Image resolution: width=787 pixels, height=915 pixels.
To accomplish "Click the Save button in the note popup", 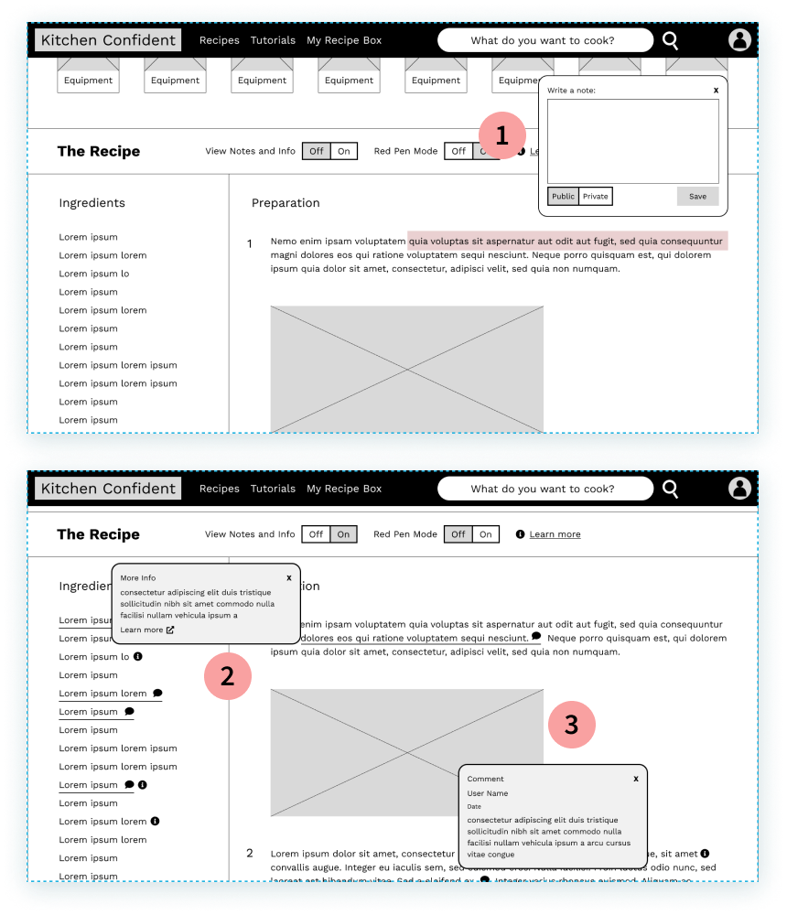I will pyautogui.click(x=697, y=196).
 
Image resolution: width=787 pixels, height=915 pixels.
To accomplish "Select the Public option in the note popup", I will pyautogui.click(x=563, y=196).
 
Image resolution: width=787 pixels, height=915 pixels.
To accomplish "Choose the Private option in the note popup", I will pyautogui.click(x=595, y=196).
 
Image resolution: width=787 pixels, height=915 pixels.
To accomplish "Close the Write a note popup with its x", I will pyautogui.click(x=716, y=90).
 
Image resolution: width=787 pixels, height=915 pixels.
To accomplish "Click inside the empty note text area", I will pyautogui.click(x=632, y=141).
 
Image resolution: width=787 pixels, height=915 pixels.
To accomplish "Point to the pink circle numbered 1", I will pyautogui.click(x=501, y=136).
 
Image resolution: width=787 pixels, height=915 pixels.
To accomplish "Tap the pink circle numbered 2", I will pyautogui.click(x=227, y=676).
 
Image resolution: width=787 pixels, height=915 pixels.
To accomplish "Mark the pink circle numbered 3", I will pyautogui.click(x=571, y=725).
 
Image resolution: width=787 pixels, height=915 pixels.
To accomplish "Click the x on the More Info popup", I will pyautogui.click(x=289, y=577).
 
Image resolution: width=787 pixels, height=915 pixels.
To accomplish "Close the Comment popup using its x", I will pyautogui.click(x=636, y=779).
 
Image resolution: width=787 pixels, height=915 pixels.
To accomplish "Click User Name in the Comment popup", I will pyautogui.click(x=487, y=793).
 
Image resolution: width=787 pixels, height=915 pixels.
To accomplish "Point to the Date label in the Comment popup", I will pyautogui.click(x=474, y=807).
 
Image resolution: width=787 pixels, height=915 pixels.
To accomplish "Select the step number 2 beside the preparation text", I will pyautogui.click(x=250, y=853).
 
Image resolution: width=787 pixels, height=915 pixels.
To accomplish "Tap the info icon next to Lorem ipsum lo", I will pyautogui.click(x=138, y=656).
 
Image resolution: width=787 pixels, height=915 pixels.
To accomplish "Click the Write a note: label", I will pyautogui.click(x=571, y=91).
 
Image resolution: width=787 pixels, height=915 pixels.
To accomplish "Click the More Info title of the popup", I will pyautogui.click(x=138, y=578).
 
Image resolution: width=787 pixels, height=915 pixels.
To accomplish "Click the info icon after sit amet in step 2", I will pyautogui.click(x=705, y=853).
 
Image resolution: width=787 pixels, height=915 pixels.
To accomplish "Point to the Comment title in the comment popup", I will pyautogui.click(x=485, y=779).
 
